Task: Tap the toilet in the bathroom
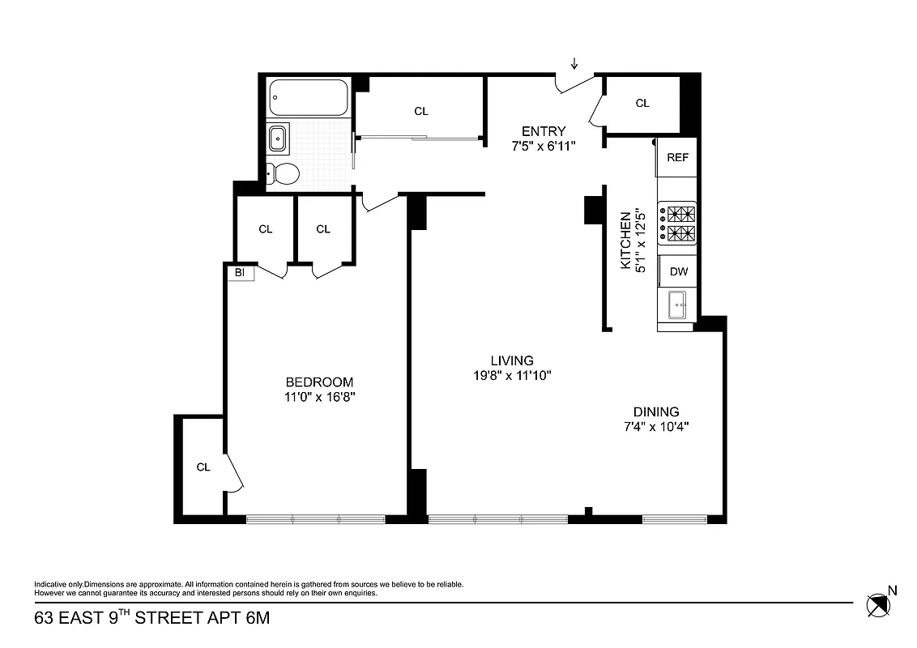click(284, 173)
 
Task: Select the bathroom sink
click(277, 139)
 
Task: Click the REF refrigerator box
click(677, 157)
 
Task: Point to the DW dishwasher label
click(678, 272)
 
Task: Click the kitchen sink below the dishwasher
click(677, 306)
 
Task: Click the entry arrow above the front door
click(574, 64)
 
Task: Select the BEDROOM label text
click(319, 382)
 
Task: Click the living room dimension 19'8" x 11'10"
click(512, 375)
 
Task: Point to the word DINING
click(656, 411)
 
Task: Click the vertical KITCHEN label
click(625, 241)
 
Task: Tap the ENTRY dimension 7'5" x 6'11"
click(544, 146)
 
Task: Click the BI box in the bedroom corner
click(241, 273)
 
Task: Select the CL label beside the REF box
click(642, 103)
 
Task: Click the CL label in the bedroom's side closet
click(203, 467)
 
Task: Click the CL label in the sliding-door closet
click(420, 112)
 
